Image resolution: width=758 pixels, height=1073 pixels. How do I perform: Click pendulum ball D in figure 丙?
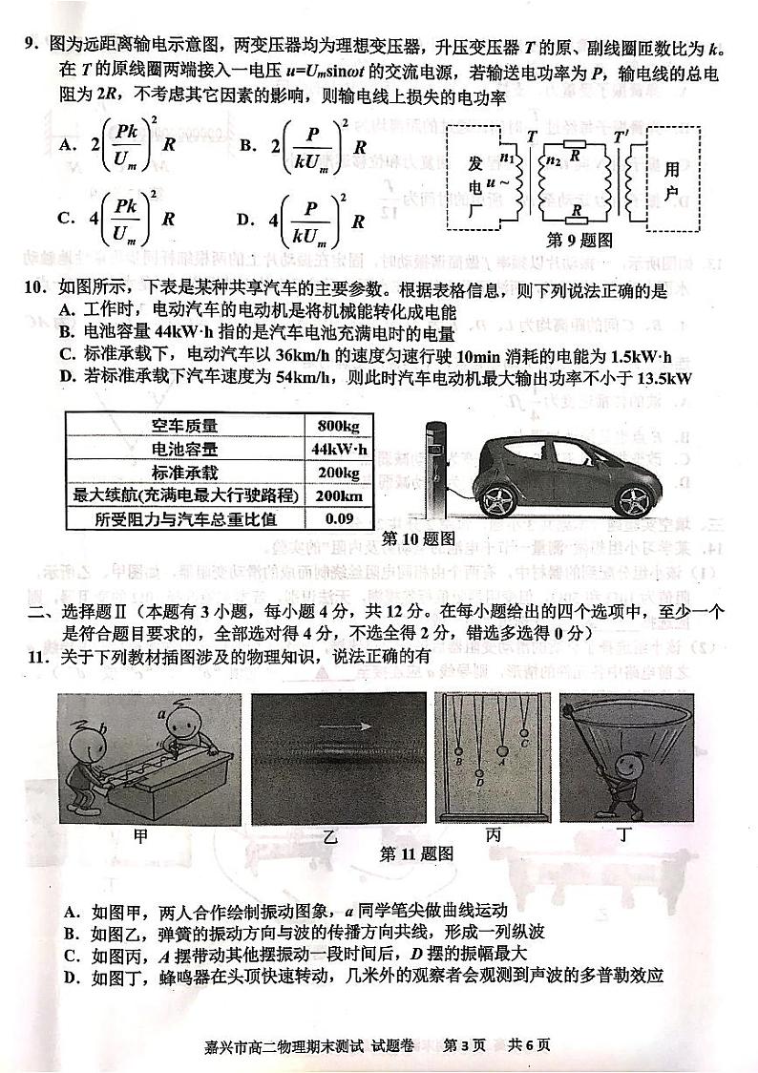480,783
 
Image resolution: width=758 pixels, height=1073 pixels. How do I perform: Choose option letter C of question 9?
66,217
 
